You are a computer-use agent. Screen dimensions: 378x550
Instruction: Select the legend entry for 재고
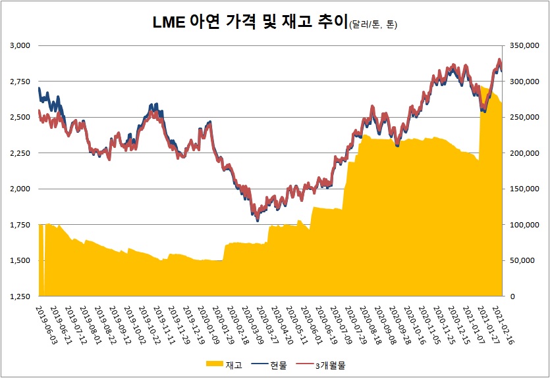pos(224,364)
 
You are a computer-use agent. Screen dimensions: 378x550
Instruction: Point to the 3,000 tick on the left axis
pos(21,45)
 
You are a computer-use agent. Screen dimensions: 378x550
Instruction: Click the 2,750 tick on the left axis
pos(21,82)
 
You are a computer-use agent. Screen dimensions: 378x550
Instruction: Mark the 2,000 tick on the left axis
pos(21,189)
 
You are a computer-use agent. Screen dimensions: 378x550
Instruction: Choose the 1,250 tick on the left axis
pos(21,296)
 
